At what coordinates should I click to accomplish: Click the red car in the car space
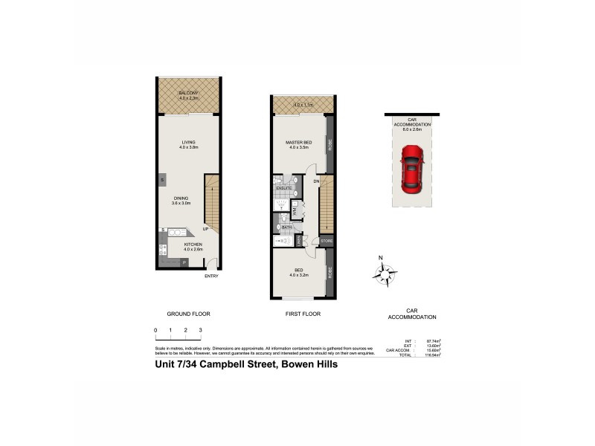click(411, 168)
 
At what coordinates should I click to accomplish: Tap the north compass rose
click(385, 275)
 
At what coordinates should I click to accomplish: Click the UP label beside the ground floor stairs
click(205, 229)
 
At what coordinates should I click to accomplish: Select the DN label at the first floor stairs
click(315, 181)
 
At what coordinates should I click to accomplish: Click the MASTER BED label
click(298, 143)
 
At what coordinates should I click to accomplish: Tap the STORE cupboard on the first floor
click(326, 241)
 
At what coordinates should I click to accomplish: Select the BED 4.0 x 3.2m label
click(298, 273)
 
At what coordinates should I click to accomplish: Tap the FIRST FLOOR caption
click(303, 314)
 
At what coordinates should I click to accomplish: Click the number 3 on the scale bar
click(200, 329)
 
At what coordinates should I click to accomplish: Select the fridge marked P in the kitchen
click(183, 262)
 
